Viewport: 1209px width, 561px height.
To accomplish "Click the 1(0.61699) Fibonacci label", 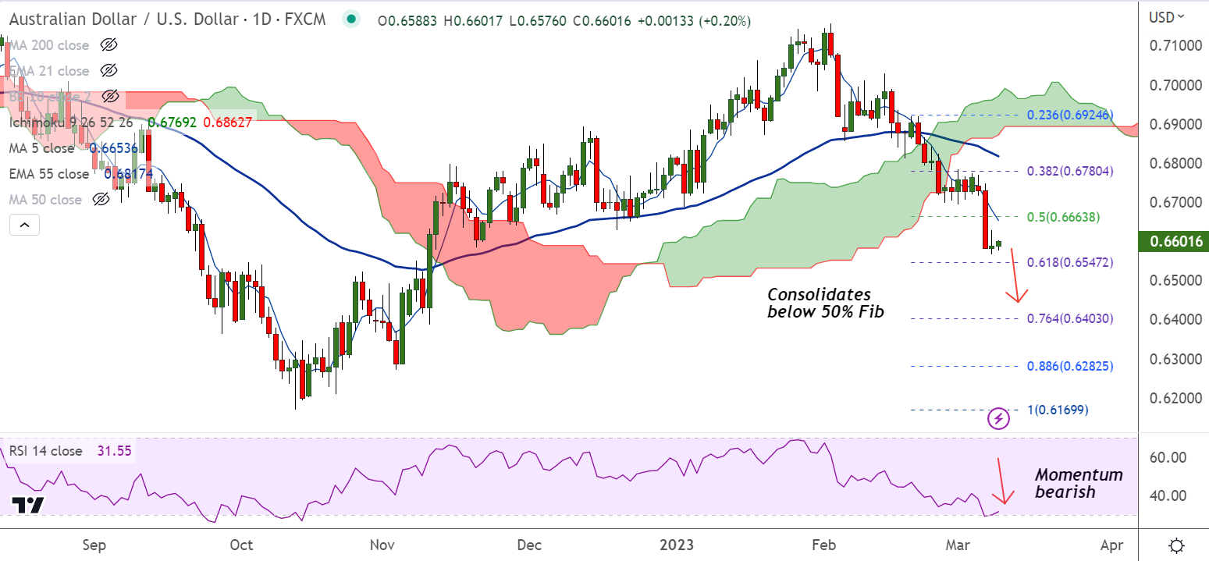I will (1057, 410).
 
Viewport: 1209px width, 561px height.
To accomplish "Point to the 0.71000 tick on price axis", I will (1175, 46).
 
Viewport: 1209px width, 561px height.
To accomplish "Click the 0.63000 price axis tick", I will (1175, 360).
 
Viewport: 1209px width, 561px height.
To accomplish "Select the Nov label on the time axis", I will (382, 544).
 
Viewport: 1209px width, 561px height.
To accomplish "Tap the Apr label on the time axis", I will (1111, 544).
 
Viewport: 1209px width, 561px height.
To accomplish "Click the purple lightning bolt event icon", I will (999, 419).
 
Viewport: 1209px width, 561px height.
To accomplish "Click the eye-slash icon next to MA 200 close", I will (108, 44).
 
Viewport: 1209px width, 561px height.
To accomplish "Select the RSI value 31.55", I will (113, 451).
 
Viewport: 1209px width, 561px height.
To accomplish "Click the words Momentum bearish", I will (1079, 483).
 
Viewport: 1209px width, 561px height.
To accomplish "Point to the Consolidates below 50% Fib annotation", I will (819, 304).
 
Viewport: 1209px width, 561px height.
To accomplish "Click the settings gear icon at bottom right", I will (1176, 544).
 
